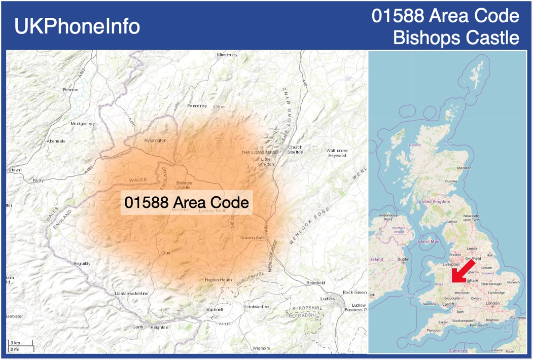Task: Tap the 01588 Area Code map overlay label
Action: click(187, 202)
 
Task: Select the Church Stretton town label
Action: click(295, 150)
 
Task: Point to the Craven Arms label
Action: click(253, 237)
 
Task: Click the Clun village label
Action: click(166, 252)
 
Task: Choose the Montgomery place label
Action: click(83, 124)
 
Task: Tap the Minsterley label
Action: click(227, 55)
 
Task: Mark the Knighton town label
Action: click(159, 327)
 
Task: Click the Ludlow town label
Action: click(328, 299)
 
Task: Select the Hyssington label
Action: click(155, 140)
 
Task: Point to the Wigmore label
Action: click(262, 348)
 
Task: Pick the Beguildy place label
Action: click(82, 264)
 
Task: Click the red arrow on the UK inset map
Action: click(463, 271)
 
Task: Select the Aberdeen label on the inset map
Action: click(464, 168)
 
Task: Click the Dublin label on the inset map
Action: click(404, 259)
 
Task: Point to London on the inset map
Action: click(492, 303)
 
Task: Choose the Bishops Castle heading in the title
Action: click(456, 38)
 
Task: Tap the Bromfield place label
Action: click(315, 283)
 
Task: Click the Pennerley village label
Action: click(197, 106)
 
